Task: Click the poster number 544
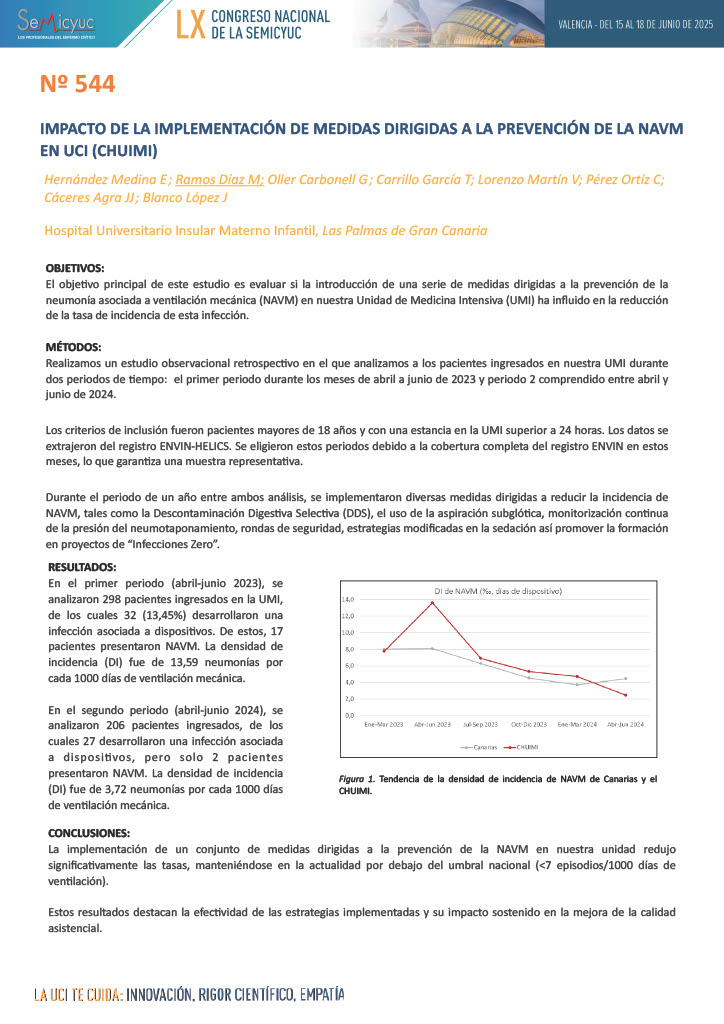(x=78, y=85)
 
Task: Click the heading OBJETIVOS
(x=75, y=268)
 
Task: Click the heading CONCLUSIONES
(x=88, y=832)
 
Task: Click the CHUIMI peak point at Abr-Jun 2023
(x=432, y=602)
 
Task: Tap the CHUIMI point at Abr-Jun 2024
(x=626, y=695)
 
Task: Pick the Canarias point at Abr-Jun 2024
(x=626, y=679)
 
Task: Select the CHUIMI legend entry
(x=519, y=746)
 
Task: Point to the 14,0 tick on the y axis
(x=349, y=599)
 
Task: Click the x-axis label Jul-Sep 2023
(x=480, y=723)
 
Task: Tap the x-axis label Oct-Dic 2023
(x=529, y=723)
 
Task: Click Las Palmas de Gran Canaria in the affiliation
(x=405, y=230)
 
